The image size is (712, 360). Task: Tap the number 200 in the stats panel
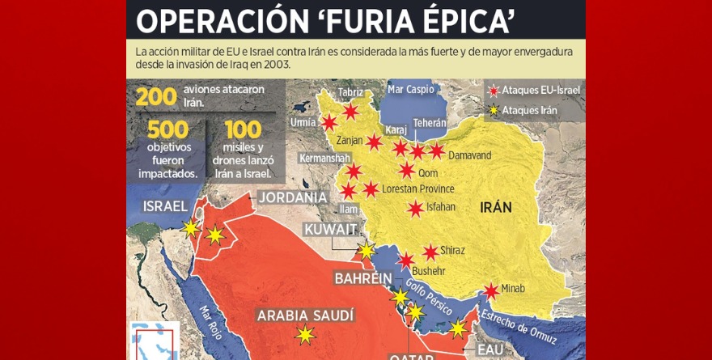[156, 96]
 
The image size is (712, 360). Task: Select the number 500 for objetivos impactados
[167, 129]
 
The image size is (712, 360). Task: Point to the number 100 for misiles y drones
[243, 129]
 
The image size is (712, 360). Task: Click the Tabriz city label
[350, 92]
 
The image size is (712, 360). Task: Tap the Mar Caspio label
[411, 89]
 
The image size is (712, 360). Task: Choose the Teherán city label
[430, 123]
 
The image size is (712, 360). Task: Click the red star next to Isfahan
[415, 208]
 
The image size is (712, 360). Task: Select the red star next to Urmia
[329, 123]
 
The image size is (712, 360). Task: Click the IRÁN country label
[496, 206]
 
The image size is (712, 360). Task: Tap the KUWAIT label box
[330, 230]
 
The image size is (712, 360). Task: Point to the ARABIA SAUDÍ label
[305, 315]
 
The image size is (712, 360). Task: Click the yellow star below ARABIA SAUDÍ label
[305, 334]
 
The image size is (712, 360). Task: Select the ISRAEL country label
[165, 206]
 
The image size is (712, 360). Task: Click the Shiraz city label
[452, 251]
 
